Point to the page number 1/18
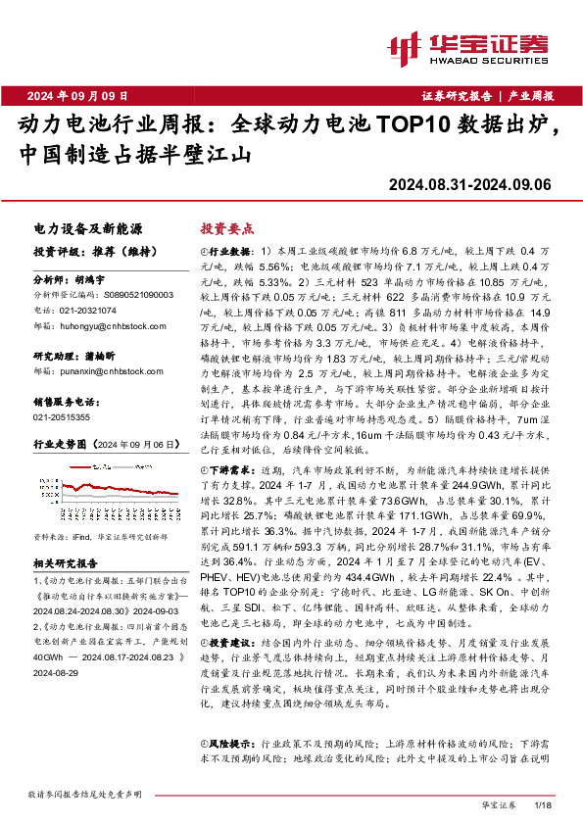pyautogui.click(x=545, y=804)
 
